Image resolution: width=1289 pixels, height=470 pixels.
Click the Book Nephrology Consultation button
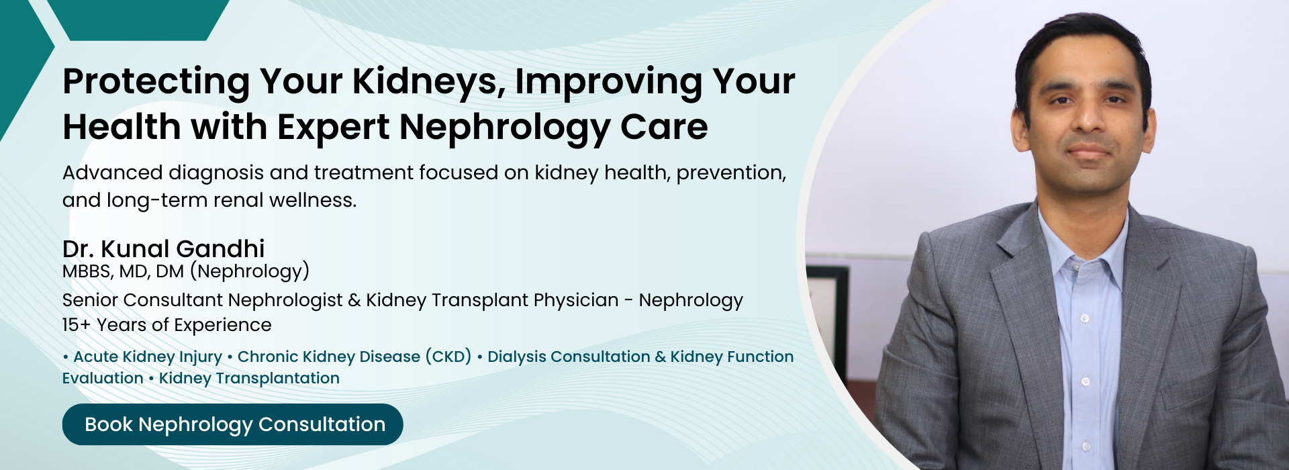pos(232,424)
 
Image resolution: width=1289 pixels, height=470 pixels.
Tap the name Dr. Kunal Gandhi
pos(163,249)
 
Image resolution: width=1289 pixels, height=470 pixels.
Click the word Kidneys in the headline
pos(428,83)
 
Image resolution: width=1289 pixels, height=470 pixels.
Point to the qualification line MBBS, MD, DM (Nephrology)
pos(186,271)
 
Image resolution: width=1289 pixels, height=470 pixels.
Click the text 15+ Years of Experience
pos(166,325)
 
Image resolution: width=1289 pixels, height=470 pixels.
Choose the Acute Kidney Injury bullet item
pos(147,357)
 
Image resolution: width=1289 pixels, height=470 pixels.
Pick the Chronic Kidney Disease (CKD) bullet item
pos(354,357)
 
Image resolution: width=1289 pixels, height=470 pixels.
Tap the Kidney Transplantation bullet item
pos(249,378)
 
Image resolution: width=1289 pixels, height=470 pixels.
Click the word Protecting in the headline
pos(156,83)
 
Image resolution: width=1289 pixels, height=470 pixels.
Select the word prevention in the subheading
pos(730,173)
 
